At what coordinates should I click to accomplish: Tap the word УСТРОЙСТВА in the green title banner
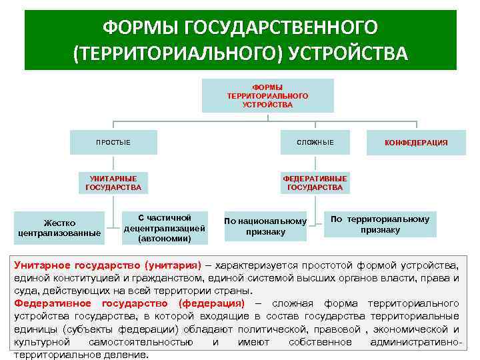pos(347,53)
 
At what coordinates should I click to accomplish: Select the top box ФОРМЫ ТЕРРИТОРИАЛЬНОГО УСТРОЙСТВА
pos(267,95)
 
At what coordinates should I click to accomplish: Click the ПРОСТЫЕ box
pos(113,142)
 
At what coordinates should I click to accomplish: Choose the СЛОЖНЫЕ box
pos(315,142)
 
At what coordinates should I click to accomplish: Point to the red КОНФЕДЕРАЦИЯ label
pos(416,143)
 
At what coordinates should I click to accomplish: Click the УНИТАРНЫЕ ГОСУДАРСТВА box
pos(113,183)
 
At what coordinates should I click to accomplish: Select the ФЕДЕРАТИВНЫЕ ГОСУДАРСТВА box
pos(315,183)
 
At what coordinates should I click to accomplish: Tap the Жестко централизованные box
pos(60,227)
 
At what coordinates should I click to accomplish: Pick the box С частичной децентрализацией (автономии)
pos(165,227)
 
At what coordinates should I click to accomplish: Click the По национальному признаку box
pos(265,227)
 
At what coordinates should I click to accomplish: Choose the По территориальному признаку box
pos(380,224)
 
